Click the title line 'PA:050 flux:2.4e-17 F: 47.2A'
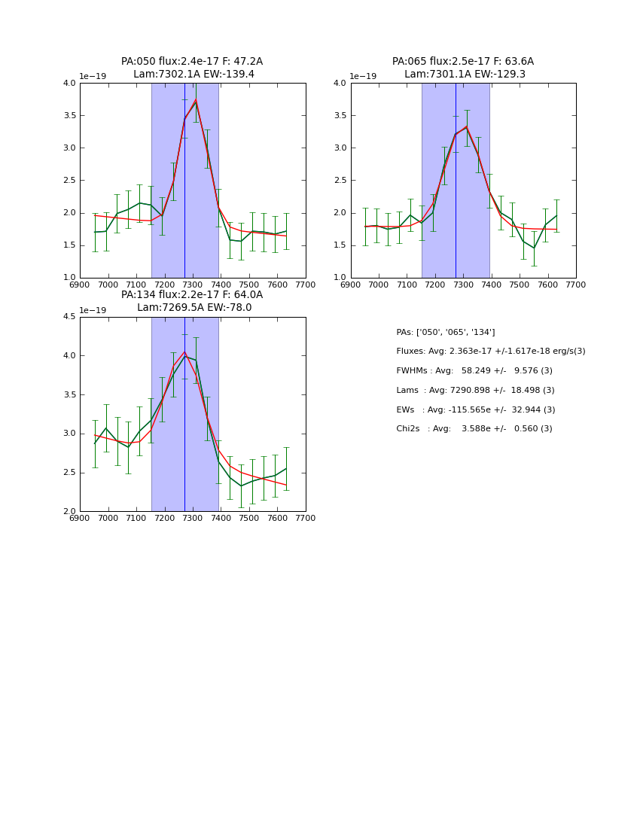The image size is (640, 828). pos(192,62)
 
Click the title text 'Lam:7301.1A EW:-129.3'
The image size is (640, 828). pos(463,75)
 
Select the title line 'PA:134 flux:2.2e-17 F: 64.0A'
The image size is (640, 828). pos(192,295)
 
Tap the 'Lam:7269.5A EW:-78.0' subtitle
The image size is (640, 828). pos(194,308)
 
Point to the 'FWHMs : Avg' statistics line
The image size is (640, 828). pos(474,371)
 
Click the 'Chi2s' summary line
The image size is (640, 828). pos(474,429)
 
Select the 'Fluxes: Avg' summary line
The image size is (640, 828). pos(490,352)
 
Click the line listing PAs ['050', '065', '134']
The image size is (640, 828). pos(446,333)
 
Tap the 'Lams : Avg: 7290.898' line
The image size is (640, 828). pos(475,391)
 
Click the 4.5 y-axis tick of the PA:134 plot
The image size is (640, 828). pos(69,317)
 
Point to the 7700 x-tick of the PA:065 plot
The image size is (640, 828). pos(576,285)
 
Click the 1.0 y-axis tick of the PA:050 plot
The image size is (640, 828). pos(69,278)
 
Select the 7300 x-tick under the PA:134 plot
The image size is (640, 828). pos(193,519)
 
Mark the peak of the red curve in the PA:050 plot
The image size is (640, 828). pos(196,99)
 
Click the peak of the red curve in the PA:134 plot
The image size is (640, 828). pos(184,352)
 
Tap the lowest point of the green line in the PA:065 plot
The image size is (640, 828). pos(534,248)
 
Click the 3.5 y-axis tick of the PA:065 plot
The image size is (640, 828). pos(340,116)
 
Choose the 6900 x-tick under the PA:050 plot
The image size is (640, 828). pos(80,285)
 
